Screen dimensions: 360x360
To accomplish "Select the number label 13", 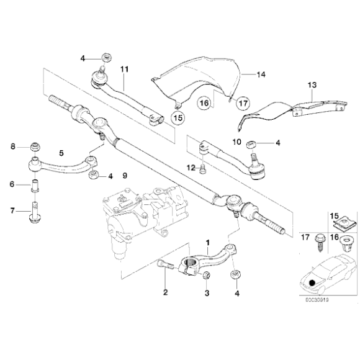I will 312,84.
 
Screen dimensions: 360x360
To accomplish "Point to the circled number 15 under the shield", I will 178,117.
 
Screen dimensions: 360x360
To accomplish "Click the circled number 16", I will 204,102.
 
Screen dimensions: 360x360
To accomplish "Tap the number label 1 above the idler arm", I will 207,242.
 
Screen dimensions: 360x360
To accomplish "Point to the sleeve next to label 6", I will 36,186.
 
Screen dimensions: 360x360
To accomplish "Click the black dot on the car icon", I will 312,285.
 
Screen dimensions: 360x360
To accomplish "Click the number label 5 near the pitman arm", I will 60,151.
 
